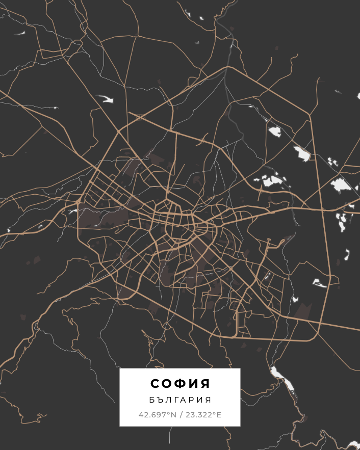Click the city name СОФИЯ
pyautogui.click(x=180, y=383)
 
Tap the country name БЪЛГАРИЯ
pyautogui.click(x=180, y=400)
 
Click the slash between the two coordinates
pyautogui.click(x=181, y=415)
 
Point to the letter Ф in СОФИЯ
pyautogui.click(x=181, y=383)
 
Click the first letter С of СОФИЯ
pyautogui.click(x=155, y=383)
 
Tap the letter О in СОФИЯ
pyautogui.click(x=167, y=383)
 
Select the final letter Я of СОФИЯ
pyautogui.click(x=205, y=383)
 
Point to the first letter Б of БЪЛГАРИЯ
pyautogui.click(x=152, y=400)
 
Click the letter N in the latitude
pyautogui.click(x=173, y=415)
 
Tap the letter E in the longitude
pyautogui.click(x=219, y=415)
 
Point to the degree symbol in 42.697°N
pyautogui.click(x=169, y=413)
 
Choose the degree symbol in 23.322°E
pyautogui.click(x=215, y=413)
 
